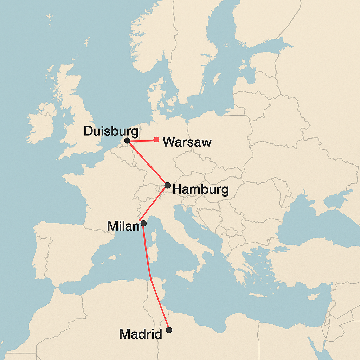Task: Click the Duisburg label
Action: pos(111,131)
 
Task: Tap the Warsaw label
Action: pos(187,142)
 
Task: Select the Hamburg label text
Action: pos(201,190)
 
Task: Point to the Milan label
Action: pos(123,226)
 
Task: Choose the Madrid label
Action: pos(141,334)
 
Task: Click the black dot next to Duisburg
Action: pos(128,141)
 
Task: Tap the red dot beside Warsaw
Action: pos(156,140)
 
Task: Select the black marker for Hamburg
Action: pos(167,185)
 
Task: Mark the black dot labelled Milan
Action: pos(143,223)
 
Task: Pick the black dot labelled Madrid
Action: pos(169,330)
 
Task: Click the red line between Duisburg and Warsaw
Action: pos(142,141)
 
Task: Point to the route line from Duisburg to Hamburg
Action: pos(148,163)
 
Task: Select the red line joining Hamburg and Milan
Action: pos(154,203)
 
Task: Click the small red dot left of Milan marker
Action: pos(140,220)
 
